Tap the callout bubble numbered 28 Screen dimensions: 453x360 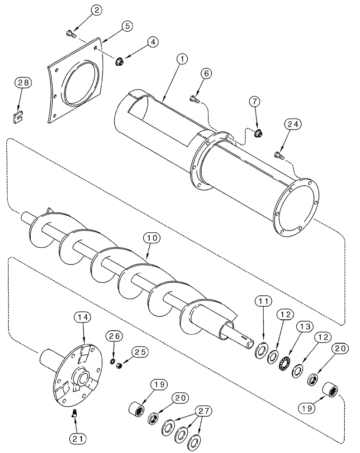[23, 83]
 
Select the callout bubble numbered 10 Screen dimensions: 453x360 [152, 237]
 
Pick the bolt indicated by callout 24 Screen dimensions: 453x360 [279, 157]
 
